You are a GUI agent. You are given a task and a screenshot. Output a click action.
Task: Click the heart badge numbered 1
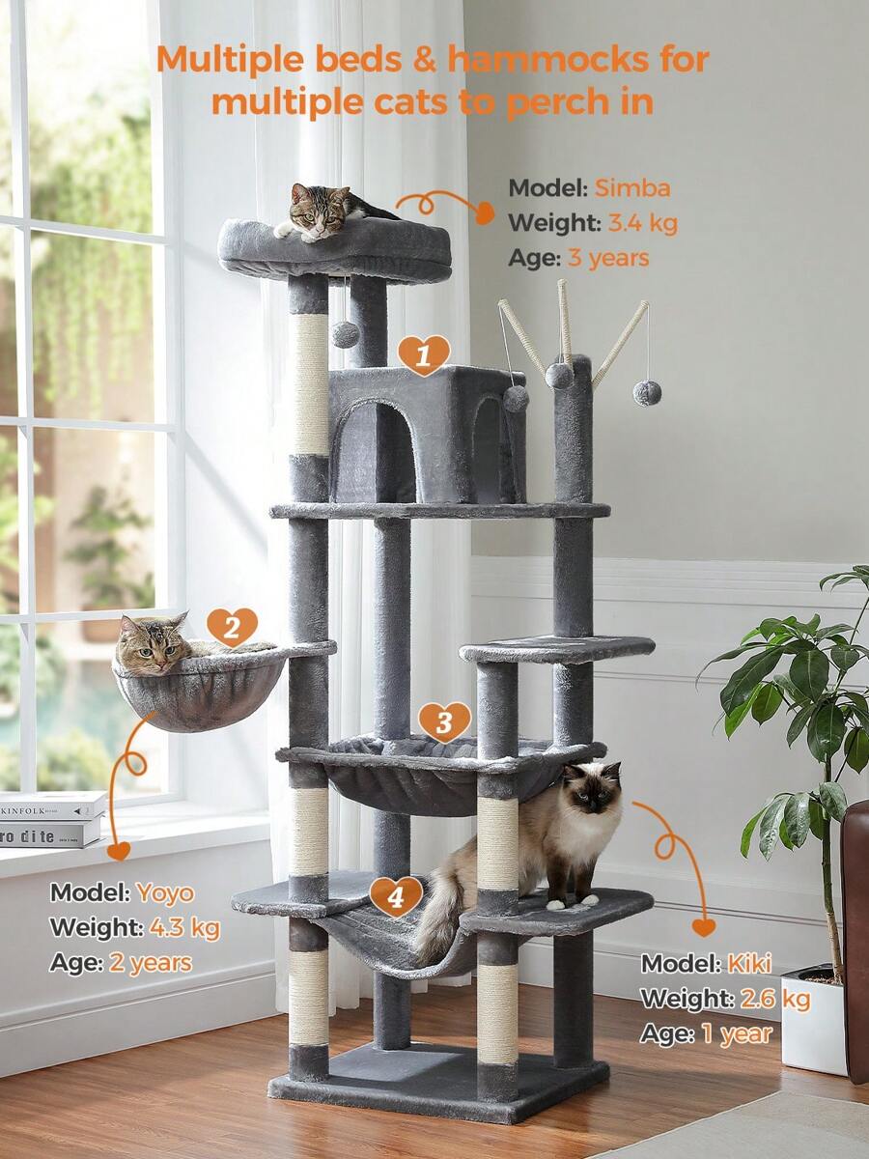424,355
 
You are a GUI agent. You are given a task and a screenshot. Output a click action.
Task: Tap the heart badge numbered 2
232,627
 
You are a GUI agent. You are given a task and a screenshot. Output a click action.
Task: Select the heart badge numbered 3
444,722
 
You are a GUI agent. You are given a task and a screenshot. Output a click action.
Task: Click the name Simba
632,188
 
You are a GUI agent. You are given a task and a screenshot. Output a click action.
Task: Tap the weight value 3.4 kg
643,223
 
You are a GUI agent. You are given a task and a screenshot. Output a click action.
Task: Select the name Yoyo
166,892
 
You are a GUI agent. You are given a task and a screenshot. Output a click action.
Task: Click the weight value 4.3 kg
184,928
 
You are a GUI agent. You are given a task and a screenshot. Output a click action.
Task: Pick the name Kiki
749,965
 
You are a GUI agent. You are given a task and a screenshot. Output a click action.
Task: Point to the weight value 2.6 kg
775,999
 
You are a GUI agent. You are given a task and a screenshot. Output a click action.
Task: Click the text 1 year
737,1033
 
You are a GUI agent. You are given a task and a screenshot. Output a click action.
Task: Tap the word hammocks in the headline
547,59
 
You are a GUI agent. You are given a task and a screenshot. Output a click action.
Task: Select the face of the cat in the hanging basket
153,646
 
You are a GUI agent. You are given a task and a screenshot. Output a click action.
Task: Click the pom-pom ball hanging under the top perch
345,335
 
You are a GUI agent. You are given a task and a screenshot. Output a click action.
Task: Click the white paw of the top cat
283,229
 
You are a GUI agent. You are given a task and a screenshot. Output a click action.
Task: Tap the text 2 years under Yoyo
151,963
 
